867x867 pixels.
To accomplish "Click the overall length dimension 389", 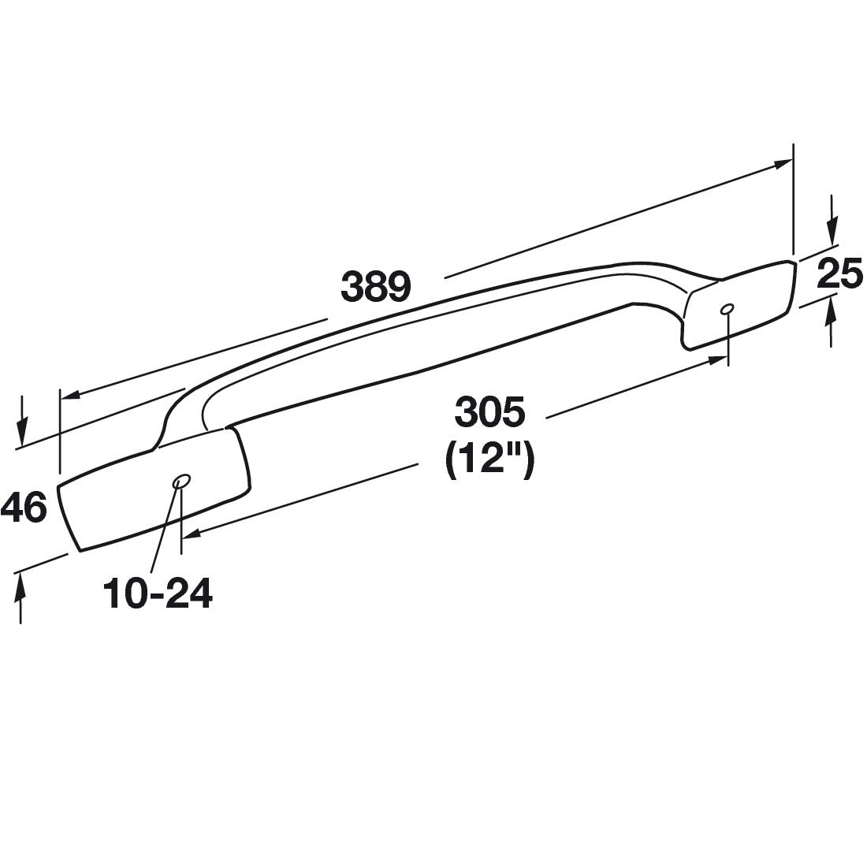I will [x=375, y=287].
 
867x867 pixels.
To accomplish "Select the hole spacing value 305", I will [x=489, y=412].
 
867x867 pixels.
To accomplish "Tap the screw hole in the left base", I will [x=182, y=480].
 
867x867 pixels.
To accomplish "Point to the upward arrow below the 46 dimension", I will [x=21, y=584].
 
